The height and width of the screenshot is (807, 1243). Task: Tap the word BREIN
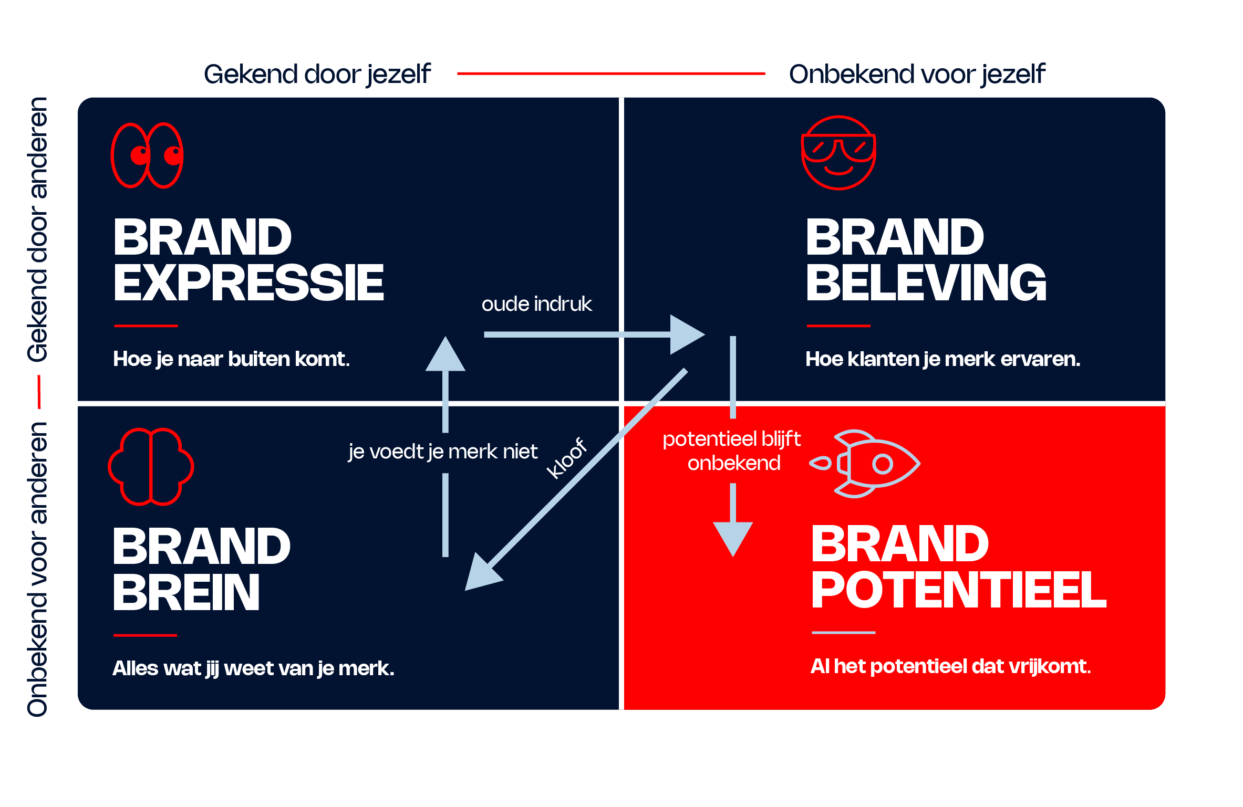187,592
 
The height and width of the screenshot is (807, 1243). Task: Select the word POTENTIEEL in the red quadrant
959,589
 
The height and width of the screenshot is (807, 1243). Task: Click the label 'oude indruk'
536,304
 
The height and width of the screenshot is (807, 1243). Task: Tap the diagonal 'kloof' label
566,458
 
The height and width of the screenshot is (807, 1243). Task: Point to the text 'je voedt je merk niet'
443,452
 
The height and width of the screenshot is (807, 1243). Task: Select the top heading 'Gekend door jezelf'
317,74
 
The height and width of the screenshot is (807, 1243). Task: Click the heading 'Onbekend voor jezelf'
917,74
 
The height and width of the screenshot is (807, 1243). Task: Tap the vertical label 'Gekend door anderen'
38,229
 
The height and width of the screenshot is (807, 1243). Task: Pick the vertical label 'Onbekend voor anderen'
38,570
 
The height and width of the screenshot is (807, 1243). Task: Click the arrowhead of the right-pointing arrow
687,334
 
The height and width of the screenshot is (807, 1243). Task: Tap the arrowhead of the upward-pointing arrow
446,354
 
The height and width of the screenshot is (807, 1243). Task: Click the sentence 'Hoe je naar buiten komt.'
231,359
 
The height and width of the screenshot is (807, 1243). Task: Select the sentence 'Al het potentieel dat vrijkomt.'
951,666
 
